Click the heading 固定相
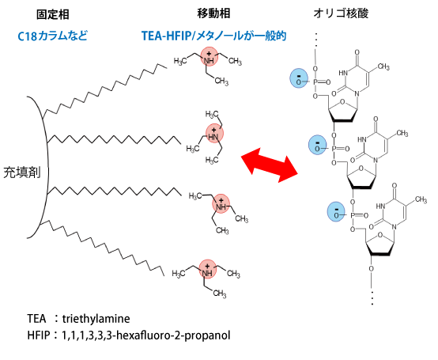[53, 14]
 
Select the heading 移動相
[213, 13]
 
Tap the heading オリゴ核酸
[341, 13]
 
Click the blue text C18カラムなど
[53, 36]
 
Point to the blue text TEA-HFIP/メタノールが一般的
[214, 36]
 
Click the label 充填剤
[22, 172]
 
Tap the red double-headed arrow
[270, 165]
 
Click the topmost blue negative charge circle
[299, 78]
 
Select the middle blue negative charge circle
[318, 145]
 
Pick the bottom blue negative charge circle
[337, 211]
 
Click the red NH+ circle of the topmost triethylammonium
[210, 56]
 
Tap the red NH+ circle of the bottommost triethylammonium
[208, 269]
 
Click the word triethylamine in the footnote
[96, 319]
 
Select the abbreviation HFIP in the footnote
[39, 335]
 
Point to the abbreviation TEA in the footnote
[36, 319]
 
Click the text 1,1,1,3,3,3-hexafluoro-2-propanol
[146, 335]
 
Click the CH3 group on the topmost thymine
[383, 66]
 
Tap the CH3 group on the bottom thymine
[421, 200]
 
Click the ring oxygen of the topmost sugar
[343, 102]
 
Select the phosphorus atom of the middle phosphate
[334, 149]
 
